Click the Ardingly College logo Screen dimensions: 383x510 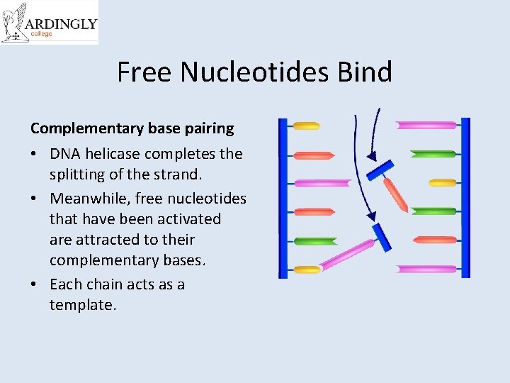point(49,23)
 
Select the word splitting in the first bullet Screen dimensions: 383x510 point(80,174)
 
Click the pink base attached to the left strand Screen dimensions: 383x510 point(322,183)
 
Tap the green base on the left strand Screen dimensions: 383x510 point(314,241)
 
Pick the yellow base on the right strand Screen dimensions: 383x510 point(443,182)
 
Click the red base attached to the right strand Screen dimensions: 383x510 point(435,240)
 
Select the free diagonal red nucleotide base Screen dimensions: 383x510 point(395,194)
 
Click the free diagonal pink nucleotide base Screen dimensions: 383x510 point(346,255)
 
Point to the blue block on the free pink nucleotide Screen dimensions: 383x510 point(382,237)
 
